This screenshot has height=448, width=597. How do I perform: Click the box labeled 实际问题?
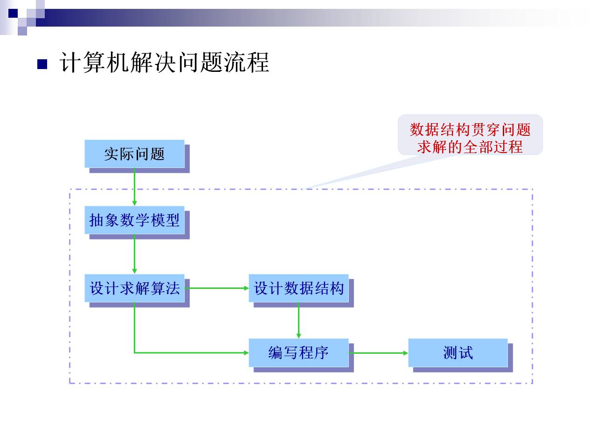pos(134,154)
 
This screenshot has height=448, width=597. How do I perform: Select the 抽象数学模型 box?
pos(134,220)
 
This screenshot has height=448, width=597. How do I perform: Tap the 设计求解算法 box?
pos(134,288)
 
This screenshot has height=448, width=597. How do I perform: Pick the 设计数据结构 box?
pos(298,288)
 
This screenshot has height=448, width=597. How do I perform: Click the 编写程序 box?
pos(298,353)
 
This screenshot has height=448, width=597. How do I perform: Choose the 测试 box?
pos(458,353)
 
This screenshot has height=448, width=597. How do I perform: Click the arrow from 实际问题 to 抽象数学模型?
pos(134,187)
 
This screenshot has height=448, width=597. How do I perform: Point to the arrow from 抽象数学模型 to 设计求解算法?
pos(134,254)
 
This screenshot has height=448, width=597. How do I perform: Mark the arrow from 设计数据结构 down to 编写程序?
pos(298,320)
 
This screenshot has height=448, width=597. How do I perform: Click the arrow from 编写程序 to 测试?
pos(378,353)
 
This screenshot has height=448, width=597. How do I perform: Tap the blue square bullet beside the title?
pos(42,64)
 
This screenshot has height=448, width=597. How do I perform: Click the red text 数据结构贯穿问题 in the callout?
pos(470,129)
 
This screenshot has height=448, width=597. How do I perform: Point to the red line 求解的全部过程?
pos(470,147)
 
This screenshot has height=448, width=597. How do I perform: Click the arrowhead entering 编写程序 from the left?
pos(246,353)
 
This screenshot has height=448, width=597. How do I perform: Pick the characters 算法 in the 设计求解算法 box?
pos(165,288)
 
